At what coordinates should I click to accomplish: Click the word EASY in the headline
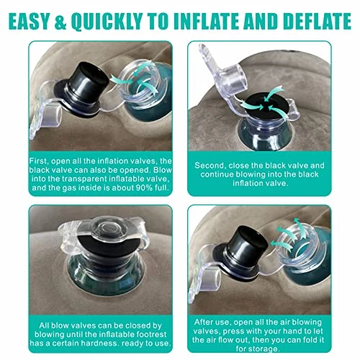tap(29, 22)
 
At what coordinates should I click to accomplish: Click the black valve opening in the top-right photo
tap(264, 104)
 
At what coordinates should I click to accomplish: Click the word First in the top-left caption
tap(37, 161)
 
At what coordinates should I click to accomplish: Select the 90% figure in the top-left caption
tap(144, 187)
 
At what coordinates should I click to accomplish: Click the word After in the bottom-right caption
tap(203, 322)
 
